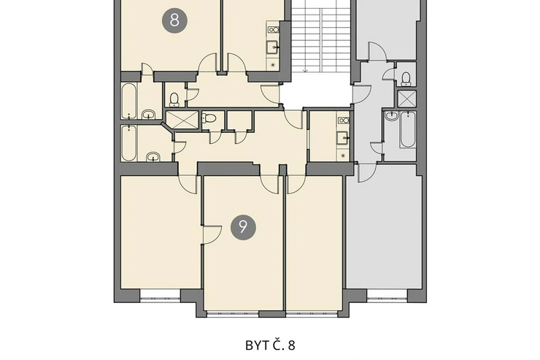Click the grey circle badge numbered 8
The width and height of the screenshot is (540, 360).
click(174, 20)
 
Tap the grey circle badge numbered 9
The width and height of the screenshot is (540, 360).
click(243, 227)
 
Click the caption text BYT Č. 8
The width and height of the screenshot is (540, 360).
click(270, 345)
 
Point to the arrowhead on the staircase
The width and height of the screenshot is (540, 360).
click(305, 71)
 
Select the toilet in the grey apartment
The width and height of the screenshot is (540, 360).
click(406, 79)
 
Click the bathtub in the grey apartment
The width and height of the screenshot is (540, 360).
click(407, 129)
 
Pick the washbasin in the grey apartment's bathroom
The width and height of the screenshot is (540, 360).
click(391, 115)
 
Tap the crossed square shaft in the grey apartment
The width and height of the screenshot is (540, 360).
click(406, 99)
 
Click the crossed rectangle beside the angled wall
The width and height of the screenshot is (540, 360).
click(182, 120)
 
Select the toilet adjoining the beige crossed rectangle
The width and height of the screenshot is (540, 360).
click(209, 118)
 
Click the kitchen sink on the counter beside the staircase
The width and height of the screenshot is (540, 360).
click(273, 47)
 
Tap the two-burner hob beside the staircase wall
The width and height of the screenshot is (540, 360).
click(274, 30)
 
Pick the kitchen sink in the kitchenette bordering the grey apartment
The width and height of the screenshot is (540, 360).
click(343, 138)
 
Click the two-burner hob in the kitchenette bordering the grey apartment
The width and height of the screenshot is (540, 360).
click(344, 120)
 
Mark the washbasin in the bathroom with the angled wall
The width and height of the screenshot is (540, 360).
click(153, 157)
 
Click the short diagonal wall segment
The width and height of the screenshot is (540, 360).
click(168, 128)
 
